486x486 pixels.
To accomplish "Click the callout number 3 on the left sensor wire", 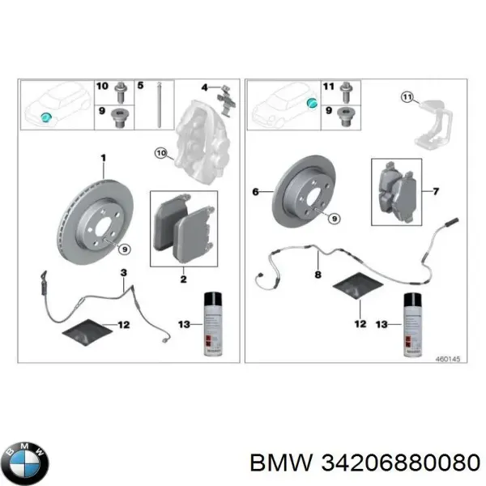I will [122, 272].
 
